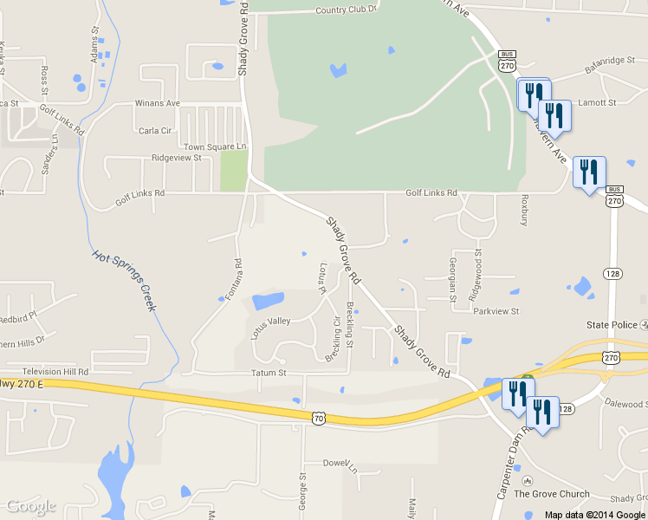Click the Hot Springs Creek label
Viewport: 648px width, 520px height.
125,280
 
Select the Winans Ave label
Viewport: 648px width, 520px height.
157,103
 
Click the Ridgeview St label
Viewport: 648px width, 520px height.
176,158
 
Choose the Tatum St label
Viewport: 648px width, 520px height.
268,373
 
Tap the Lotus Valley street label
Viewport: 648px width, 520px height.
270,327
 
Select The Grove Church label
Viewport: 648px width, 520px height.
551,494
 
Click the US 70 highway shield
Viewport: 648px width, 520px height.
319,418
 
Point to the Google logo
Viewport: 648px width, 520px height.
31,506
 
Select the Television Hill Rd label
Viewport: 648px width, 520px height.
55,371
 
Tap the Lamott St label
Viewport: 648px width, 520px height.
597,102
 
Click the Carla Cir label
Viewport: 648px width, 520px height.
155,131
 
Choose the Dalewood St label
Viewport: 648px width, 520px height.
625,404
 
